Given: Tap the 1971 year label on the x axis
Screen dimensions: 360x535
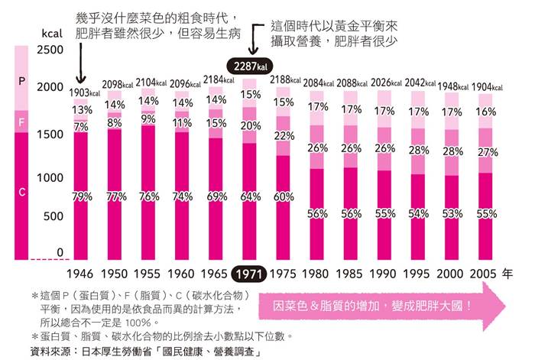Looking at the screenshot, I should tap(249, 273).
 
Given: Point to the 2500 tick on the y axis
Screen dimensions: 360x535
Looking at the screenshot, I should tap(50, 50).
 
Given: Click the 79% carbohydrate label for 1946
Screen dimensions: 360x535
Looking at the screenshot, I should tap(82, 196).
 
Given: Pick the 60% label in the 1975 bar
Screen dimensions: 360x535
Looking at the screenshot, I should tap(283, 196).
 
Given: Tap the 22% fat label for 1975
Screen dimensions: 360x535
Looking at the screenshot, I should tap(284, 136).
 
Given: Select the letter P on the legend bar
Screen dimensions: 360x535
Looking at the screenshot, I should tap(22, 79).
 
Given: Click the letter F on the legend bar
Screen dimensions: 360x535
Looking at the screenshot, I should tap(22, 122).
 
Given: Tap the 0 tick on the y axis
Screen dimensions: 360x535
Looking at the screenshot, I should tap(60, 253).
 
